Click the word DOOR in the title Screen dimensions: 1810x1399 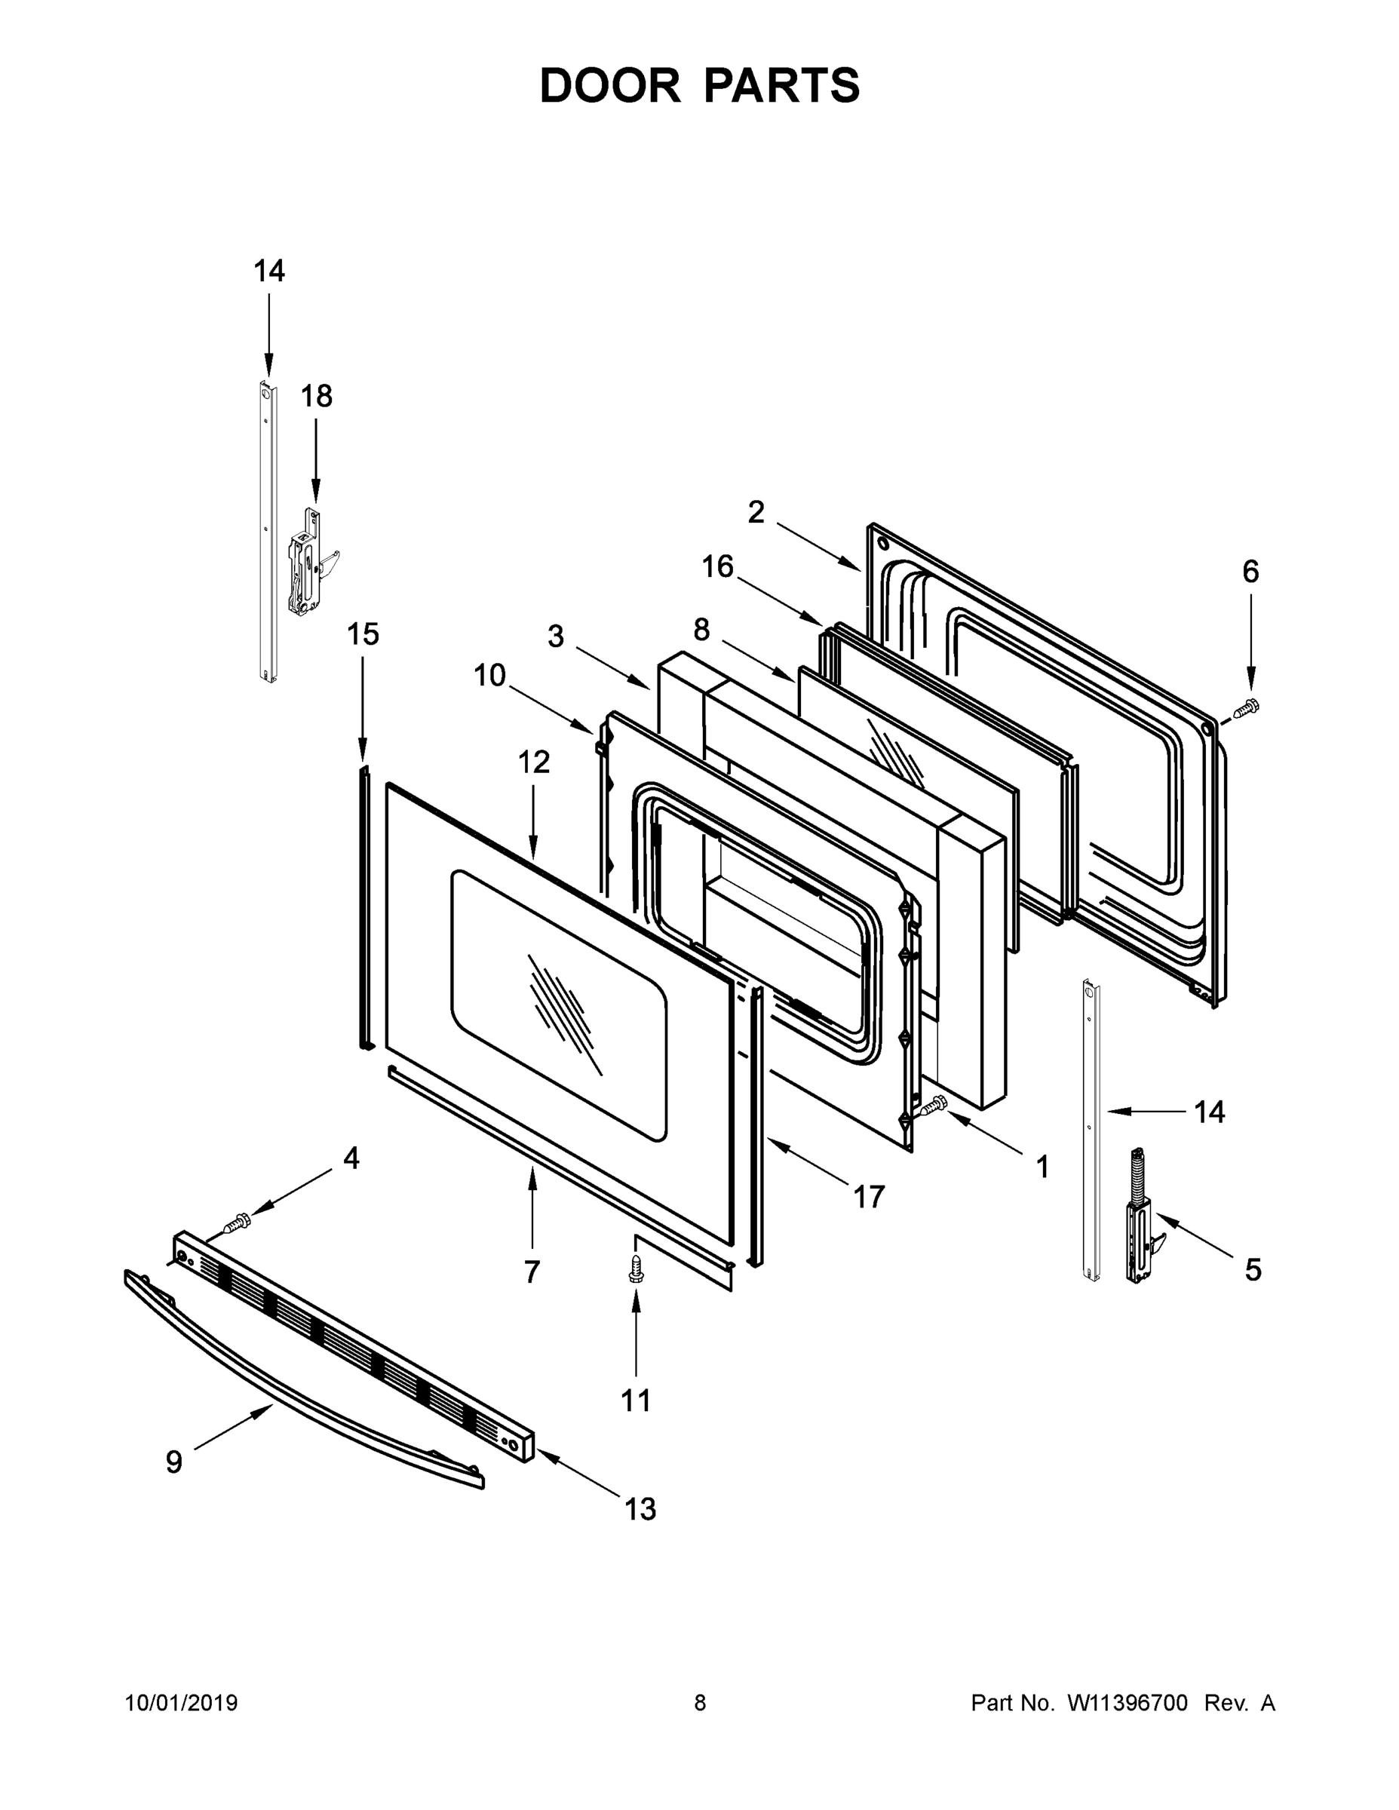[609, 85]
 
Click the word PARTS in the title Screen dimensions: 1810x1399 [781, 85]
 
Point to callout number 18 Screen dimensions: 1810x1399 [317, 397]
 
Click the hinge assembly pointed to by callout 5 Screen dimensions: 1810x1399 [1139, 1218]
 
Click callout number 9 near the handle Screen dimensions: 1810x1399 [174, 1461]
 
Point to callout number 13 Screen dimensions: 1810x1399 [640, 1509]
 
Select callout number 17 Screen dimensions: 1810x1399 [869, 1197]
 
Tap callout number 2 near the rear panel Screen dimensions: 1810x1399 [755, 513]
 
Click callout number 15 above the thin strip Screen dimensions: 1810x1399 [362, 635]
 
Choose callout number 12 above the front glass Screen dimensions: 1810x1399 [534, 762]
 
